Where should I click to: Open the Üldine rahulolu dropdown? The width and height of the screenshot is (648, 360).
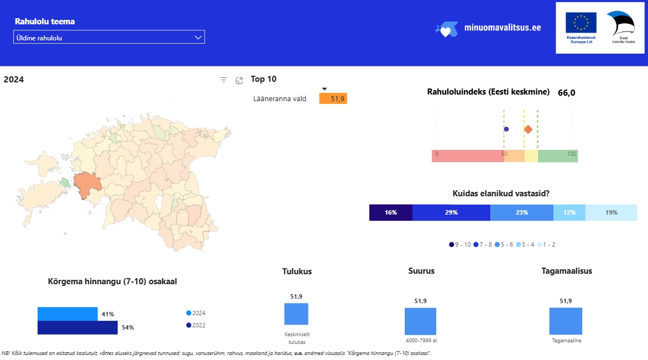(109, 37)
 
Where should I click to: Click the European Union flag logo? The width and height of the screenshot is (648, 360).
(581, 23)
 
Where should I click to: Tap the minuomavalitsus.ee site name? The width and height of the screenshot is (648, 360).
(503, 28)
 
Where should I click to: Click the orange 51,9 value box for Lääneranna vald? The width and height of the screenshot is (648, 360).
(333, 99)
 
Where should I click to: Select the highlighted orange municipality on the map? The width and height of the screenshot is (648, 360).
(87, 185)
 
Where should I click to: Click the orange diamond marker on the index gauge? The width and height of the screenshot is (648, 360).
(528, 129)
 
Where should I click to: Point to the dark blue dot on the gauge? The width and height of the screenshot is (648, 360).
(506, 129)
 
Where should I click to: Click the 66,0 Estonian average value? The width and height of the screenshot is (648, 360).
(567, 92)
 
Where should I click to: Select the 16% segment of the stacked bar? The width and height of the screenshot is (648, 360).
(390, 212)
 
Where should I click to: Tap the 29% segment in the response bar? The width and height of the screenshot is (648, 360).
(451, 212)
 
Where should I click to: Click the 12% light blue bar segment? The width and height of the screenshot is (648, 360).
(569, 212)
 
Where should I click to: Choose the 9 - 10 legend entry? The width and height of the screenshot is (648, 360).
(460, 244)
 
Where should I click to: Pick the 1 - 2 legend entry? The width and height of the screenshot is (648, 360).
(546, 244)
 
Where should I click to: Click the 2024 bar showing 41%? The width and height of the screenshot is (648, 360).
(67, 314)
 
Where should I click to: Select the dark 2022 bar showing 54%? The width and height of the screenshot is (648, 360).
(78, 328)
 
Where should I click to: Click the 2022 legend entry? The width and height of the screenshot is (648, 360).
(196, 325)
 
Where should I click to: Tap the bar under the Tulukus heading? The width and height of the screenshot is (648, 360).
(296, 314)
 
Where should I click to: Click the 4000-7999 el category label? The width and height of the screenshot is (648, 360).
(421, 341)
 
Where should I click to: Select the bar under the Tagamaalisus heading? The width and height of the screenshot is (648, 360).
(566, 321)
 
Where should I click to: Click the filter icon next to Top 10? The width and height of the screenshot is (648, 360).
(223, 80)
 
